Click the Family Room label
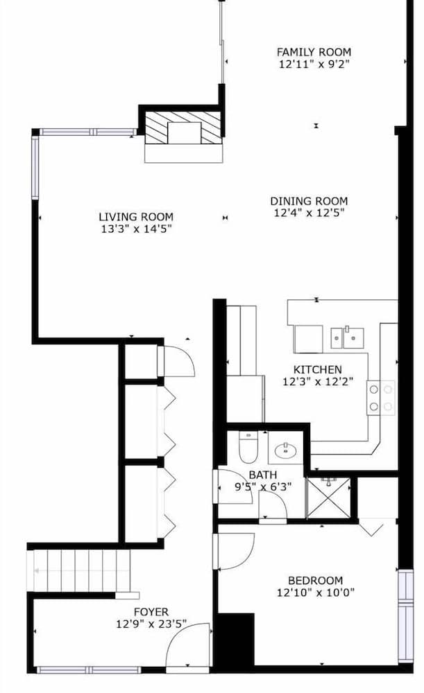tap(314, 52)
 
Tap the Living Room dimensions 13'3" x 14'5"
tap(136, 229)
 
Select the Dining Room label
tap(309, 201)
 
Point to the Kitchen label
tap(317, 369)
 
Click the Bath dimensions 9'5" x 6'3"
tap(263, 486)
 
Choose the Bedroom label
tap(315, 580)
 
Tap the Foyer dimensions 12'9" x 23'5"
tap(151, 624)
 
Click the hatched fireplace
tap(183, 128)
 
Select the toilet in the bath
tap(248, 446)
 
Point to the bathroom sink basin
tap(285, 451)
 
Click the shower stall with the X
tap(328, 498)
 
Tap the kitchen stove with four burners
tap(380, 398)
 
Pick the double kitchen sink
tap(348, 337)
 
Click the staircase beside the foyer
tap(82, 570)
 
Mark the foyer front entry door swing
tap(187, 645)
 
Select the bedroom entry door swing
tap(234, 551)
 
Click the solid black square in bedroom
tap(237, 639)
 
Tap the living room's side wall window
tap(35, 168)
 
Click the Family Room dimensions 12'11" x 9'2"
tap(314, 64)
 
